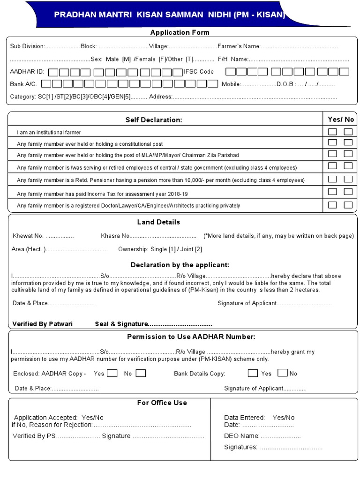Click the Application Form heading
coord(180,32)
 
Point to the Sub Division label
coord(27,46)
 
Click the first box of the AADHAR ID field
coord(53,72)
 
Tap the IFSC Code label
coord(199,72)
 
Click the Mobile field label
coord(231,84)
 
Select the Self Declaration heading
coord(154,120)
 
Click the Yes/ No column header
coord(341,120)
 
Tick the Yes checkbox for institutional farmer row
coord(332,132)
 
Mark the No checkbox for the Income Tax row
coord(348,192)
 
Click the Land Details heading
coord(158,222)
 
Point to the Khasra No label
coord(115,236)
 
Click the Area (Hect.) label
coord(29,249)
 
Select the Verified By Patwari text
coord(42,324)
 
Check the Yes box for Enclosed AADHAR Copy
coord(112,374)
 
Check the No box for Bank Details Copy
coord(282,373)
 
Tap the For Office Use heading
coord(162,403)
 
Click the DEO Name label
coord(241,436)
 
